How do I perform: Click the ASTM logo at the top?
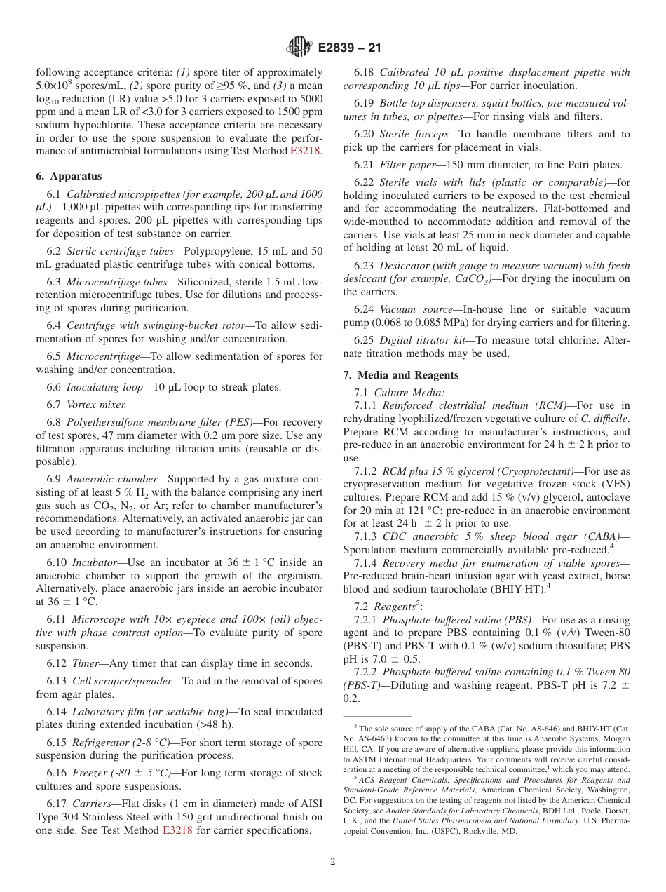299,48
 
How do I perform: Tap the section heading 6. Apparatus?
69,176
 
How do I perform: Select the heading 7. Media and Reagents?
400,375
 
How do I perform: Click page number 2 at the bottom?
333,861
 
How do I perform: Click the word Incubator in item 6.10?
90,562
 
